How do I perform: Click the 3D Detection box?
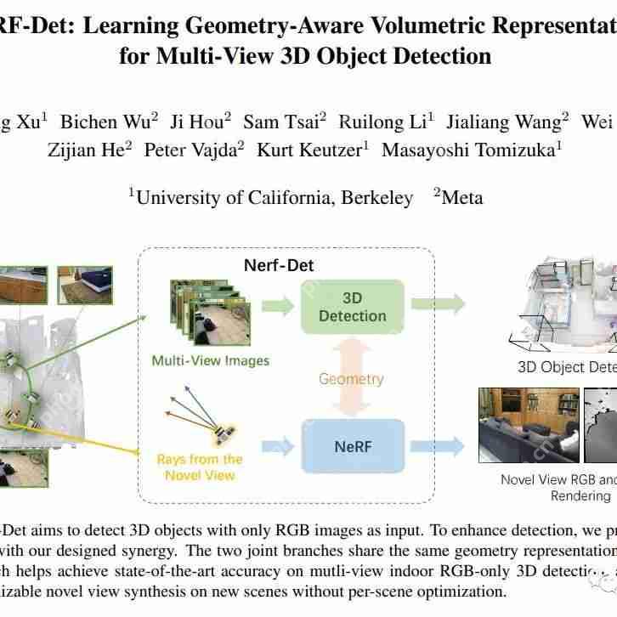click(352, 307)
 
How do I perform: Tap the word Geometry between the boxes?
click(351, 379)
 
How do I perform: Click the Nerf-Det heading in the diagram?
click(279, 265)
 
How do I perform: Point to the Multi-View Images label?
click(210, 360)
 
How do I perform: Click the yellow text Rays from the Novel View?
click(200, 467)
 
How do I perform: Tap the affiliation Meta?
click(461, 197)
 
